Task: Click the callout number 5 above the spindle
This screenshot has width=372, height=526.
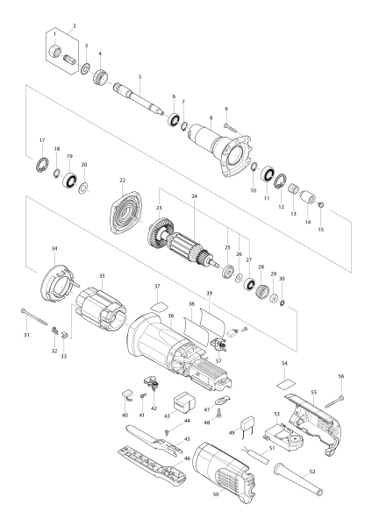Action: click(140, 77)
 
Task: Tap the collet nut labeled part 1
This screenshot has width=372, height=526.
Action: click(54, 52)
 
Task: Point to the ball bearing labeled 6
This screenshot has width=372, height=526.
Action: click(174, 120)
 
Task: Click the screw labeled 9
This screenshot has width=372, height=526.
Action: click(229, 126)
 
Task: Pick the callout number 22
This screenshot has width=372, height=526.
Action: click(122, 180)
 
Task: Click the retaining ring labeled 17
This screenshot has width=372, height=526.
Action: click(42, 165)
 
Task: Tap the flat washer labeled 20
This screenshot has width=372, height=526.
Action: click(83, 188)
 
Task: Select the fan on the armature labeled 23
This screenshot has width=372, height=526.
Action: click(157, 233)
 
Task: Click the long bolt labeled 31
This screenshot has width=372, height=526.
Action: click(34, 316)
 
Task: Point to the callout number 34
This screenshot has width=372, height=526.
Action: click(54, 249)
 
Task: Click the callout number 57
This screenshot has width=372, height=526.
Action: click(219, 361)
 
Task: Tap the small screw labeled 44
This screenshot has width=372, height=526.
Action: click(168, 432)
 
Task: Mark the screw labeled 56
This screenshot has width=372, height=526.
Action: click(334, 402)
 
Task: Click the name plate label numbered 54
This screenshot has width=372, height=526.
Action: click(286, 383)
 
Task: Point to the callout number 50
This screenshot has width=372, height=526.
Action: click(216, 494)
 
